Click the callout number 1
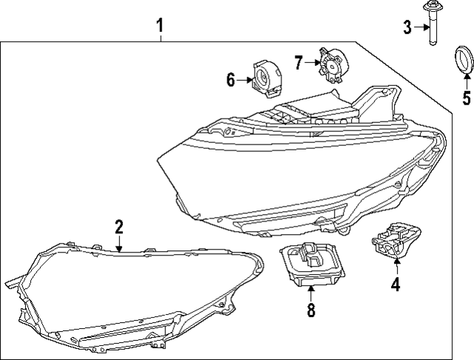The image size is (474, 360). coord(159,27)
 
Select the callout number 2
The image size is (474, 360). coord(118,227)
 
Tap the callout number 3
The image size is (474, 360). coord(407,27)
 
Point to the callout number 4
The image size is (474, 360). coord(395,284)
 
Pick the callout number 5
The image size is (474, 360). coord(466,98)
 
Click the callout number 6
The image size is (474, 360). coord(231,79)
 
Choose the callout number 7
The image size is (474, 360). coord(298,62)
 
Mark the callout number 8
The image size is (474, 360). coord(311,311)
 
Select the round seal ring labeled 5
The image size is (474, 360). coord(464,60)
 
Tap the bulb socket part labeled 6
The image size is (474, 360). coord(266,77)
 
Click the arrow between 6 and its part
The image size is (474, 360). coord(244,79)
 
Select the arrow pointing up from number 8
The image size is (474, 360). coord(311,294)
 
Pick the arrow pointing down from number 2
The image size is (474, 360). coord(118,244)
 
